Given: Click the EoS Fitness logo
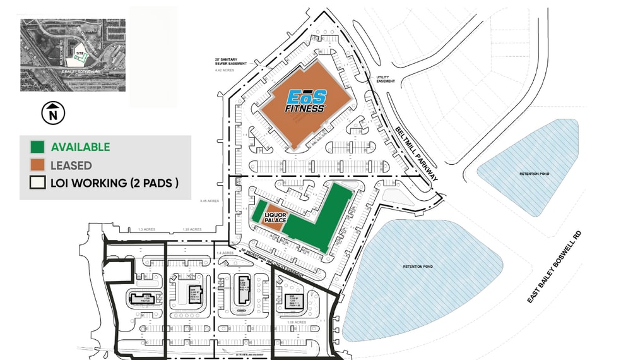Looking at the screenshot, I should pos(307,100).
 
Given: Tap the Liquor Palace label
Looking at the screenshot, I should pos(276,217).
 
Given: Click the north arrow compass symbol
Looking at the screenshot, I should pos(53,114).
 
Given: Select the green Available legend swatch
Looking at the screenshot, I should pos(37,147).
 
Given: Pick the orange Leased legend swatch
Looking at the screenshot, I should pos(37,165).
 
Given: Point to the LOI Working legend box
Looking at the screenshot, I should pos(37,183).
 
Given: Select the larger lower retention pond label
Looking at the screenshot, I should pos(415,267).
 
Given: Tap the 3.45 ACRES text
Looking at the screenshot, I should pos(210,201).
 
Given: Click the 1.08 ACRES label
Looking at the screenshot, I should pos(296,322).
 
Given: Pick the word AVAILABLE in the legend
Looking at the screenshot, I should pos(80,147).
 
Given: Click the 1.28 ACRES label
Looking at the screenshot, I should pos(191,230).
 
